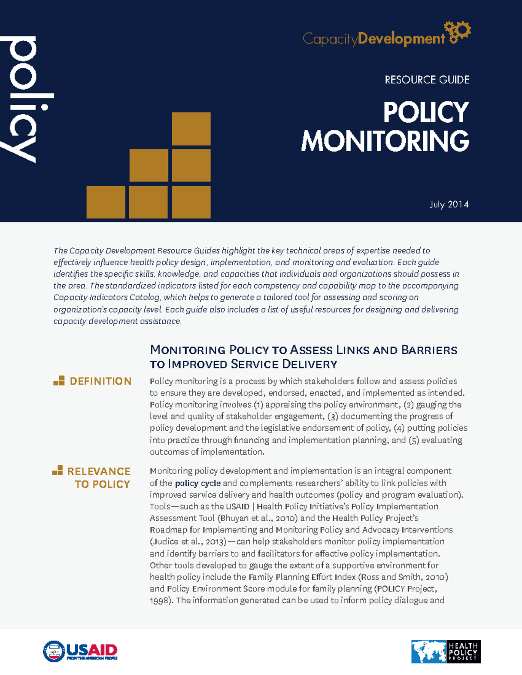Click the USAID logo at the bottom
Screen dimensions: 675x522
click(x=80, y=651)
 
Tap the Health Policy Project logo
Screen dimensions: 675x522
click(x=445, y=651)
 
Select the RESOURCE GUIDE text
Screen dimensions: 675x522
click(x=427, y=80)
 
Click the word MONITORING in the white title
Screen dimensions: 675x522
click(x=385, y=141)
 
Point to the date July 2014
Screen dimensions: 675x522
click(x=449, y=204)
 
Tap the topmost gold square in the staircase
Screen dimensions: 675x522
click(x=191, y=129)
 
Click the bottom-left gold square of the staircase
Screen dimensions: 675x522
click(x=106, y=202)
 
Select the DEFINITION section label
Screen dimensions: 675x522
click(x=100, y=381)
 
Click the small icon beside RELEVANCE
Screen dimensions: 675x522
click(x=57, y=470)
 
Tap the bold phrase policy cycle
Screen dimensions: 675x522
click(x=197, y=483)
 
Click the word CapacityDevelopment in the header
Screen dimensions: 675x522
click(x=373, y=39)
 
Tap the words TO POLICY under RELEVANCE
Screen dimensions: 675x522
click(x=102, y=484)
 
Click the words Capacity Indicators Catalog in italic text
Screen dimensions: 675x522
click(x=107, y=298)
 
